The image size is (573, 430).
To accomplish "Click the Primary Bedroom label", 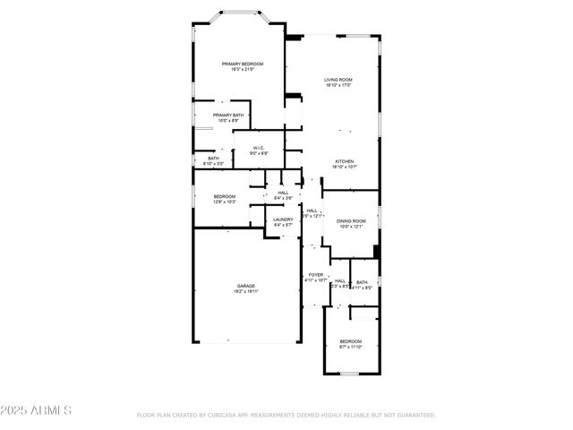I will click(x=244, y=64).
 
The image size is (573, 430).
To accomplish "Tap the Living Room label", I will click(x=338, y=80).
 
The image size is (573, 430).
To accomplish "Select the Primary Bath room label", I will click(x=228, y=116).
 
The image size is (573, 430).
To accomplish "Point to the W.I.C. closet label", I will click(x=257, y=148).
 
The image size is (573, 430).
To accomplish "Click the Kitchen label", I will click(x=345, y=161).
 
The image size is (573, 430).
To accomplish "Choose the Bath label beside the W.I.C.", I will click(x=213, y=159).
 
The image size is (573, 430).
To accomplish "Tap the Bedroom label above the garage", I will click(x=225, y=196).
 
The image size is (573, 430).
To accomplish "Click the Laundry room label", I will click(x=284, y=219).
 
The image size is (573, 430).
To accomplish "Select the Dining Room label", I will click(x=351, y=220).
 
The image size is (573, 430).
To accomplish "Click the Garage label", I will click(x=246, y=286).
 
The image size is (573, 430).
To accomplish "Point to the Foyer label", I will click(x=316, y=274).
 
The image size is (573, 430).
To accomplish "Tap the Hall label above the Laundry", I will click(x=283, y=193).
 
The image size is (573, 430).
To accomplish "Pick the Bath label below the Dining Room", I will click(x=362, y=282).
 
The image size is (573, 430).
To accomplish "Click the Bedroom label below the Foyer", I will click(x=351, y=340).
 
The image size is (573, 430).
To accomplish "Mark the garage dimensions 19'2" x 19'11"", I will click(x=246, y=292).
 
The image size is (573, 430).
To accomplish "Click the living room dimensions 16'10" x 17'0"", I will click(x=338, y=86).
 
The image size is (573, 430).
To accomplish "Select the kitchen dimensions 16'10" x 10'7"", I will click(x=345, y=168).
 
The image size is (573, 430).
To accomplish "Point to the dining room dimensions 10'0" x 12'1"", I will click(x=351, y=227).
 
